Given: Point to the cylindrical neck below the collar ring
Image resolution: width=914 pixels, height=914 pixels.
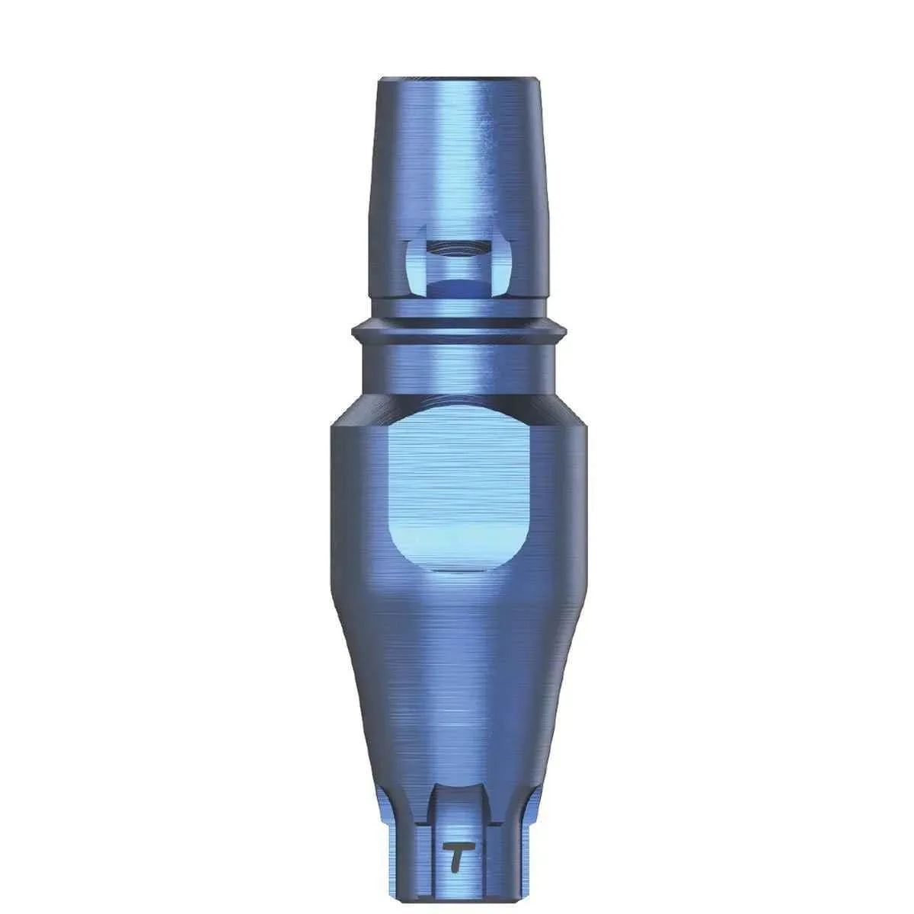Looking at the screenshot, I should coord(458,366).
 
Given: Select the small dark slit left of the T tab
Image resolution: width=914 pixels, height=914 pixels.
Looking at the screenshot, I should coord(423,853).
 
